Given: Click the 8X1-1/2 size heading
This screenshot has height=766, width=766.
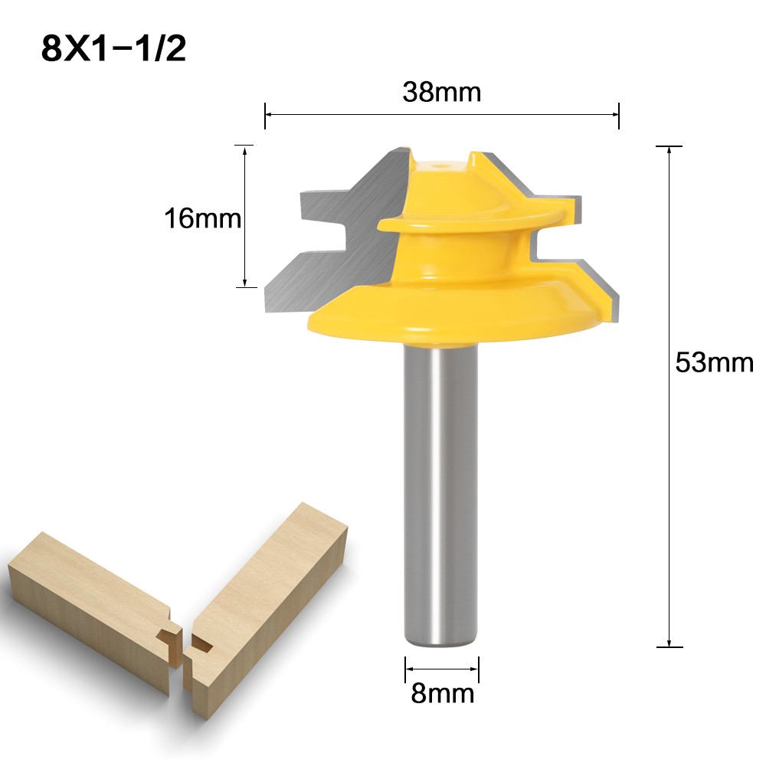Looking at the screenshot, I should click(114, 49).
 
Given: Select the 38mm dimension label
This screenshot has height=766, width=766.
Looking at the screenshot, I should click(441, 93).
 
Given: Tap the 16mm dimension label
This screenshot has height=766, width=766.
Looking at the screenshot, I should click(202, 220).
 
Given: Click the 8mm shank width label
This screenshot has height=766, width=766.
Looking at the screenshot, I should click(442, 694).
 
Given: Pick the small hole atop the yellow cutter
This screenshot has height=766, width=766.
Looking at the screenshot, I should click(440, 163).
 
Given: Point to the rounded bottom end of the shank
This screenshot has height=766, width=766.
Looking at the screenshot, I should click(442, 643).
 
